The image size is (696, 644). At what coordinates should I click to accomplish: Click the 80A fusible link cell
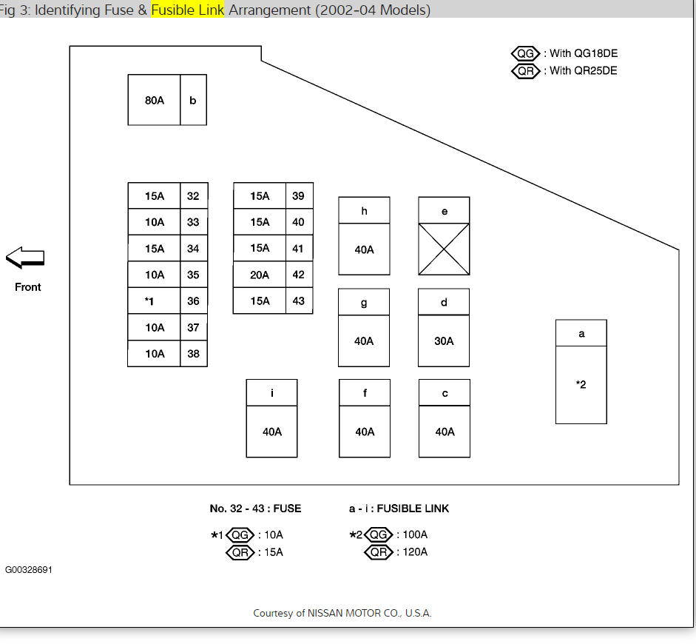pos(155,100)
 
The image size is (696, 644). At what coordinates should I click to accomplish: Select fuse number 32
pos(193,196)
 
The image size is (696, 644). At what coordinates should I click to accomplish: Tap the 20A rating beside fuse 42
pos(260,275)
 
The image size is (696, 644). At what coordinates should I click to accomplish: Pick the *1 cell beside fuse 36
pos(149,301)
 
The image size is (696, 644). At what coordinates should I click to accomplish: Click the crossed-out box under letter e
pos(444,249)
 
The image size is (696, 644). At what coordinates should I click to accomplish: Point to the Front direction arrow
pos(26,258)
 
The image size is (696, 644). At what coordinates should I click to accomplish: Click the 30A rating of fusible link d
pos(444,341)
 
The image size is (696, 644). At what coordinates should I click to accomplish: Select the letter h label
pos(364,211)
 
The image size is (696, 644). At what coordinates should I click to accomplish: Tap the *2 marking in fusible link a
pos(581,384)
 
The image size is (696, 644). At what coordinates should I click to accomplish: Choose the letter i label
pos(272,393)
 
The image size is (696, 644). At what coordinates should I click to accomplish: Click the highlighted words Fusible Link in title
pos(187,10)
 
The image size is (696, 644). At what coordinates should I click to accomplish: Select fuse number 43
pos(298,301)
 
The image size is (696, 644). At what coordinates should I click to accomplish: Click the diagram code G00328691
pos(29,570)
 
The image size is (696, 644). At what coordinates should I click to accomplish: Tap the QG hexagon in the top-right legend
pos(526,53)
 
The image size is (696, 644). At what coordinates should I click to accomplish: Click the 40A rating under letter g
pos(364,341)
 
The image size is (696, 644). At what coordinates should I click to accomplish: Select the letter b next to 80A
pos(193,100)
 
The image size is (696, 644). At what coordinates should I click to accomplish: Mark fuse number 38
pos(193,354)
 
